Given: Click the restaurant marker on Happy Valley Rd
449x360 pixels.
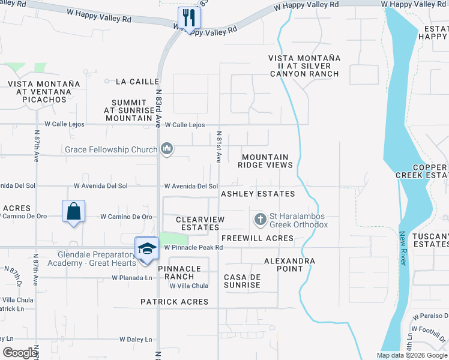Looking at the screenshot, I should (190, 17).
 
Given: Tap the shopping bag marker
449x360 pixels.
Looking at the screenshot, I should (74, 211).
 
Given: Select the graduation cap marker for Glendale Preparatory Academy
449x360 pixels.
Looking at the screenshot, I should (146, 249).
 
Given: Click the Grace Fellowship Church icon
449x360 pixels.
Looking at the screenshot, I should (167, 148).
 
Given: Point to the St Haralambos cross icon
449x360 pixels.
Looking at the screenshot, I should (261, 219).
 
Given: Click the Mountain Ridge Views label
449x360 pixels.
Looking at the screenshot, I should (265, 161).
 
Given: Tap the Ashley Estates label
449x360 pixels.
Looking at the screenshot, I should (258, 194).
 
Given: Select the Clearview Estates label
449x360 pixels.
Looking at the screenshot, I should (200, 223).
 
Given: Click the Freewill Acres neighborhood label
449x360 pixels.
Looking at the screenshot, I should (257, 238).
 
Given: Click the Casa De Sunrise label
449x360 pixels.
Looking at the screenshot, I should (242, 280).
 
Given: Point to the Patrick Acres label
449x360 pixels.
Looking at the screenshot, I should (174, 302).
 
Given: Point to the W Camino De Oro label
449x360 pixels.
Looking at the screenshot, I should (122, 217).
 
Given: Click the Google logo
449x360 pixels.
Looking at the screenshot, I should (20, 353).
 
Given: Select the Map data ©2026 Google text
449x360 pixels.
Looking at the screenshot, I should (411, 355).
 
